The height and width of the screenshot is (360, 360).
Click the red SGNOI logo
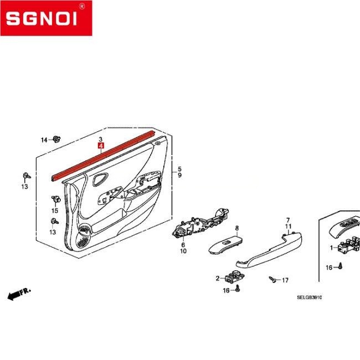[x=46, y=18]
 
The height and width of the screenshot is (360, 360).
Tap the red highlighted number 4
[x=101, y=146]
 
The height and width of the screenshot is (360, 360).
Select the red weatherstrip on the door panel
[x=103, y=156]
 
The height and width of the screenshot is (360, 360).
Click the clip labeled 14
[x=56, y=139]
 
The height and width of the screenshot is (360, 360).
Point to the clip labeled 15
[x=56, y=199]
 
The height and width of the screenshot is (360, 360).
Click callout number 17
[x=285, y=280]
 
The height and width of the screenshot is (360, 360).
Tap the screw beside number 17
[x=272, y=279]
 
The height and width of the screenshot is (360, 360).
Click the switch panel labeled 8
[x=225, y=245]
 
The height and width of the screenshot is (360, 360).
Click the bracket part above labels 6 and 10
[x=200, y=224]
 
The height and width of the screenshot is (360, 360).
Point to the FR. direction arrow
[x=19, y=294]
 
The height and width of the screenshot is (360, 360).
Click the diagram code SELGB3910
[x=309, y=297]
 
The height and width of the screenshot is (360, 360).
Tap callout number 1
[x=331, y=248]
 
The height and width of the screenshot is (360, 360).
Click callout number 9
[x=179, y=175]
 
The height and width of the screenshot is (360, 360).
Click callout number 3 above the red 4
[x=101, y=139]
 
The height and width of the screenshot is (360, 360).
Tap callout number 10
[x=183, y=251]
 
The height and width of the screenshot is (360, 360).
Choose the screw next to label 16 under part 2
[x=238, y=289]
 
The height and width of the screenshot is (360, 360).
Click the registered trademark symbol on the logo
[x=82, y=7]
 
